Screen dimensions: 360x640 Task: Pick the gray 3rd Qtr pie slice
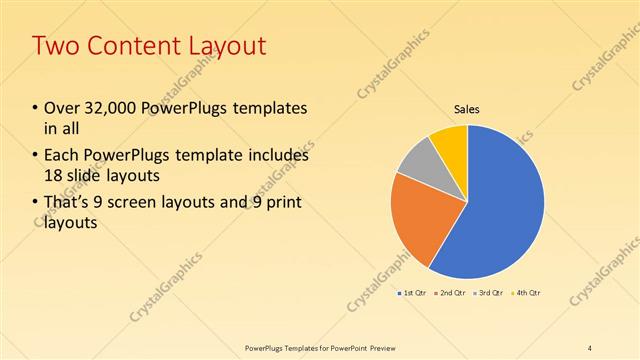pos(418,160)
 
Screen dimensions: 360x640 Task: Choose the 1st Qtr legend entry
pos(414,292)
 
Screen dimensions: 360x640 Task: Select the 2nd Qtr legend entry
pos(453,292)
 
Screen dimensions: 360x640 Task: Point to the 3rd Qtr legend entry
pos(491,292)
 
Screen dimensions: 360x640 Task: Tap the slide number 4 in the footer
pos(590,347)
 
